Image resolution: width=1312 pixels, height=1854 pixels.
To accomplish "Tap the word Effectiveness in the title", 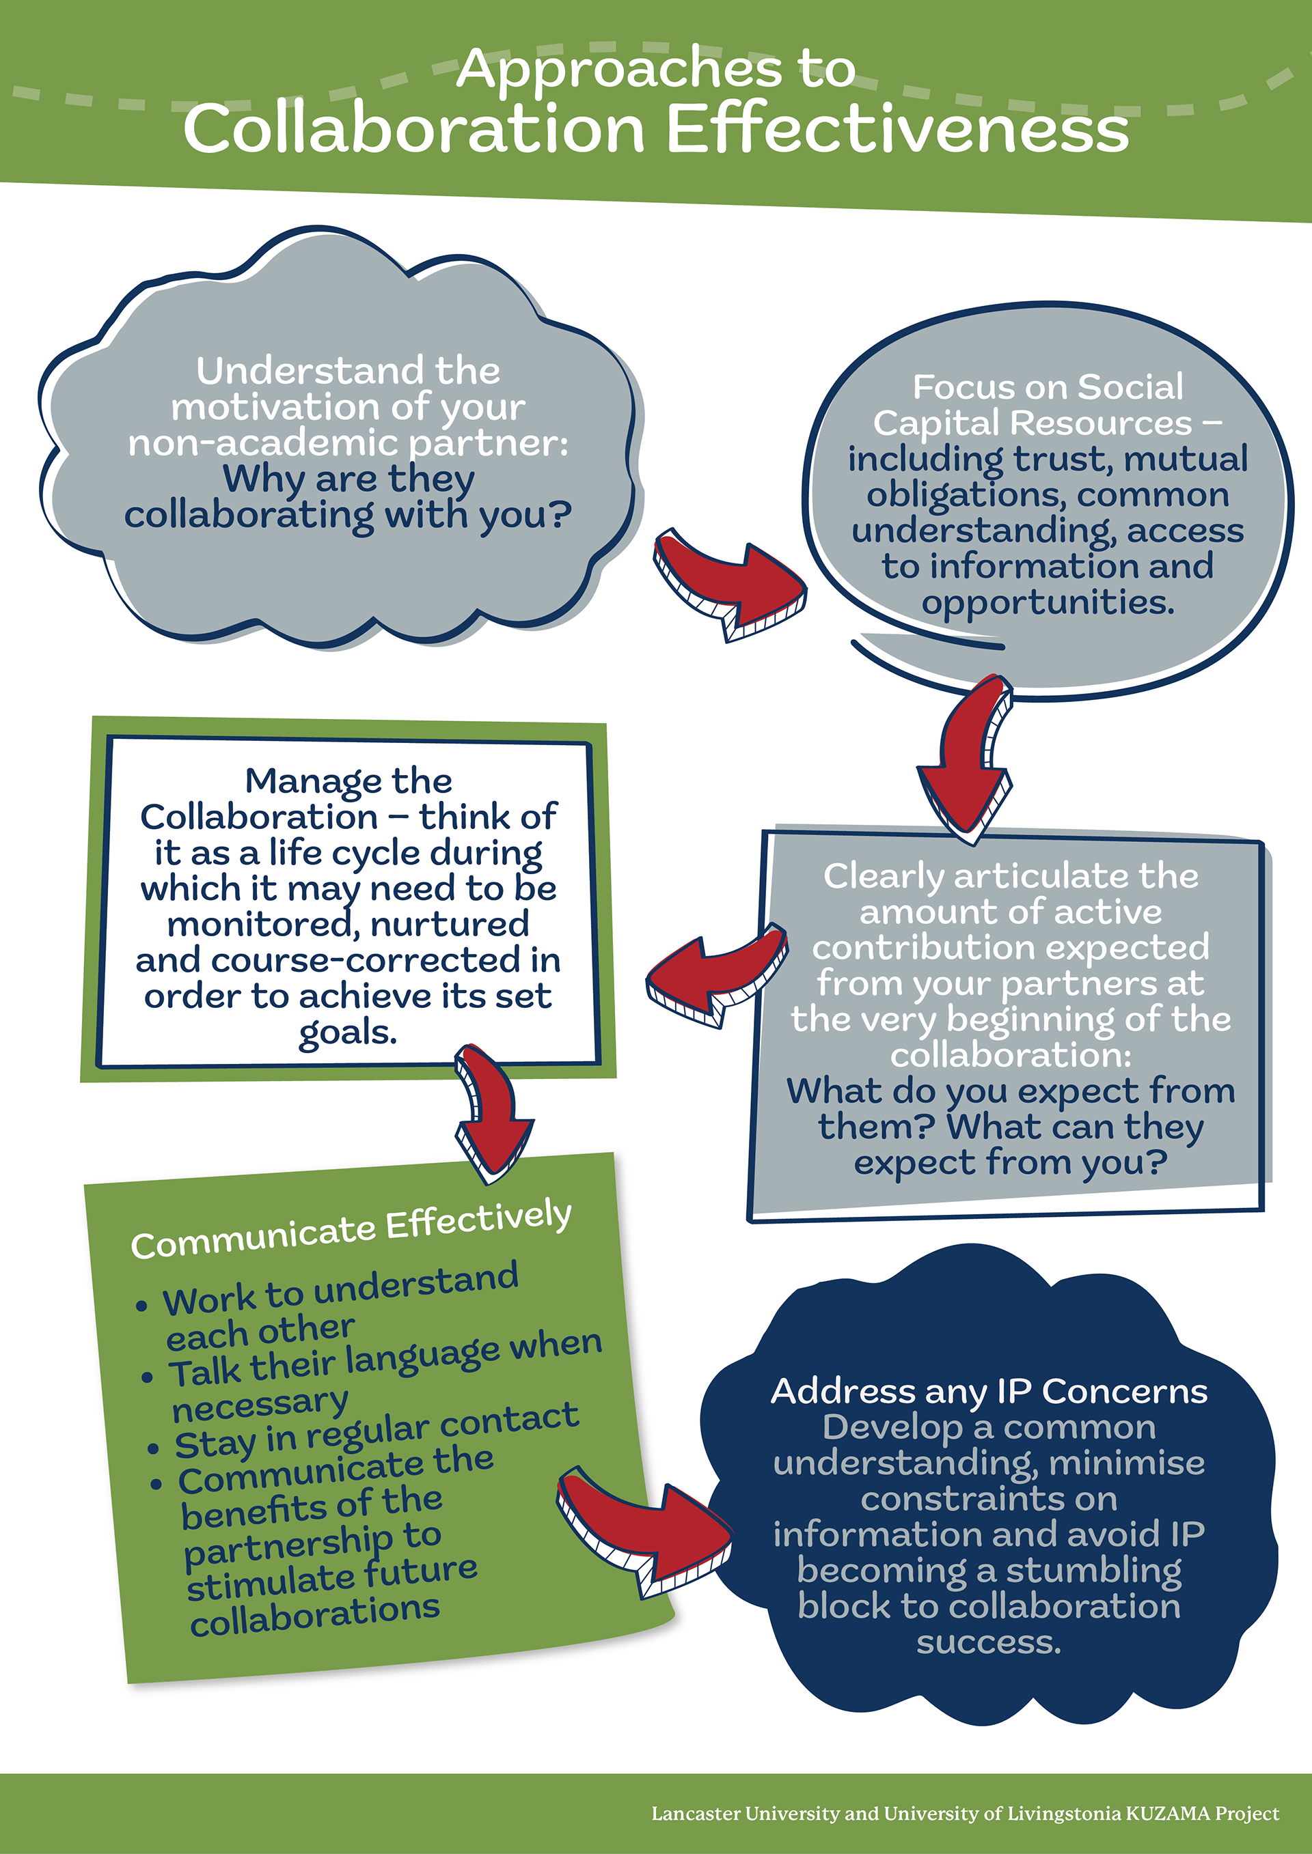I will tap(897, 129).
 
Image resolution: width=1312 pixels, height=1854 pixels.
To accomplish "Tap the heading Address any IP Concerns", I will tap(989, 1390).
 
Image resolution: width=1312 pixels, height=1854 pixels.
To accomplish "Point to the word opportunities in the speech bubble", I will tap(1048, 602).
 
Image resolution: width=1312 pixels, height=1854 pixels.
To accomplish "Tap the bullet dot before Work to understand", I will tap(142, 1306).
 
